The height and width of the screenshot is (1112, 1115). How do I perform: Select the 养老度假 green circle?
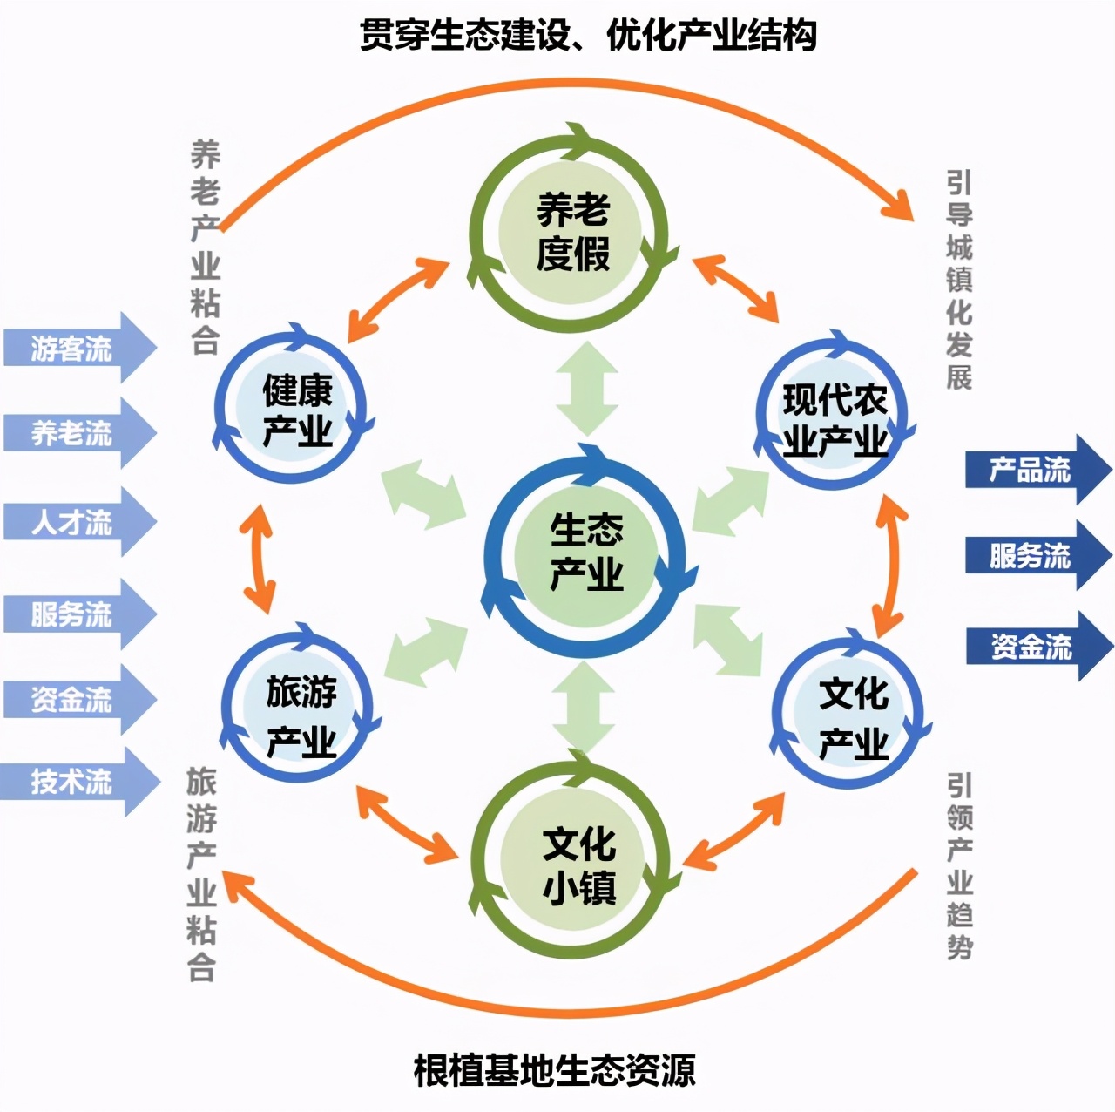571,232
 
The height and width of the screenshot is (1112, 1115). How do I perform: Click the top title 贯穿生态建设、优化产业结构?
588,36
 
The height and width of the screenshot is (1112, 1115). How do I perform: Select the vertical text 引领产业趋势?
959,866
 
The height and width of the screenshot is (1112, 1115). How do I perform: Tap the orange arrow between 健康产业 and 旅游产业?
259,557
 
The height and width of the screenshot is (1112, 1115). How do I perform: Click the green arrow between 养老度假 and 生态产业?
586,389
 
